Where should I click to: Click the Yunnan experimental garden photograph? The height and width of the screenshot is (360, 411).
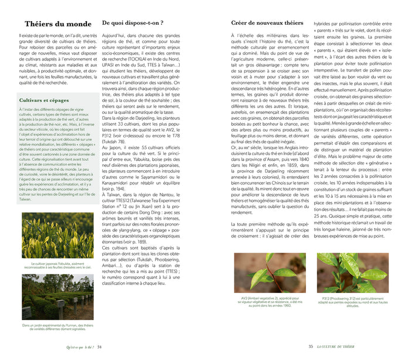56,297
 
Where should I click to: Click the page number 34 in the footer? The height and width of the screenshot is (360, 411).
99,346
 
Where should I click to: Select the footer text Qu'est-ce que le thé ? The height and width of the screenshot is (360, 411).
80,346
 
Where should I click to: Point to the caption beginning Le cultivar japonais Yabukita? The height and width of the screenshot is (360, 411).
56,265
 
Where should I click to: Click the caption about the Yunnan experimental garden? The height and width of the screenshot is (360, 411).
56,327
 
